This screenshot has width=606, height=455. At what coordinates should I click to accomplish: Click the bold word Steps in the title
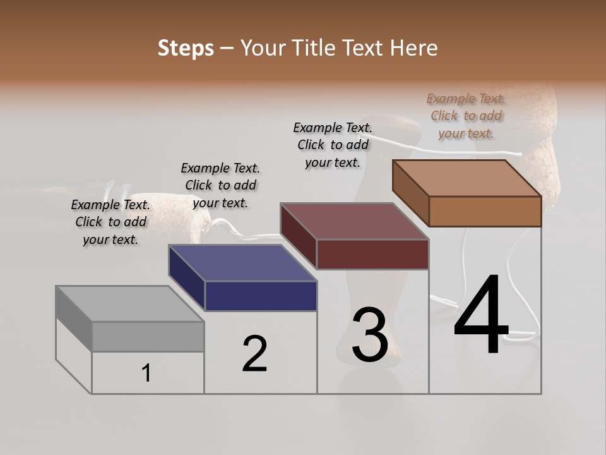(185, 48)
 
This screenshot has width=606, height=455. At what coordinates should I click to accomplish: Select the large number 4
(481, 316)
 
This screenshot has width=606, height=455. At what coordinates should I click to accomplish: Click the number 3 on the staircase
(369, 335)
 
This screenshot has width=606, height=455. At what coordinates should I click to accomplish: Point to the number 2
(254, 354)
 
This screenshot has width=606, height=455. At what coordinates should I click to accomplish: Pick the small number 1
(146, 373)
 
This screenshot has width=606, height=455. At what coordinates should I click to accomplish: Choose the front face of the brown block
(485, 211)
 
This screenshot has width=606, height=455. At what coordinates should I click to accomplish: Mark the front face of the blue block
(261, 296)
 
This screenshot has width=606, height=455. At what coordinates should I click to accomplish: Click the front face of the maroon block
(372, 254)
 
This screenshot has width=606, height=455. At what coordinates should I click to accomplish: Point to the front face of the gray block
(148, 336)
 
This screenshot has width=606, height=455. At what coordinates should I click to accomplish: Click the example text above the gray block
(110, 222)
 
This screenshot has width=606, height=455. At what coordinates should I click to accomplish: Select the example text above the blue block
(220, 185)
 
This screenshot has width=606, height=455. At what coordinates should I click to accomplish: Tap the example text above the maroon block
(333, 145)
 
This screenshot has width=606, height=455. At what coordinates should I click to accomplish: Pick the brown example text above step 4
(466, 116)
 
